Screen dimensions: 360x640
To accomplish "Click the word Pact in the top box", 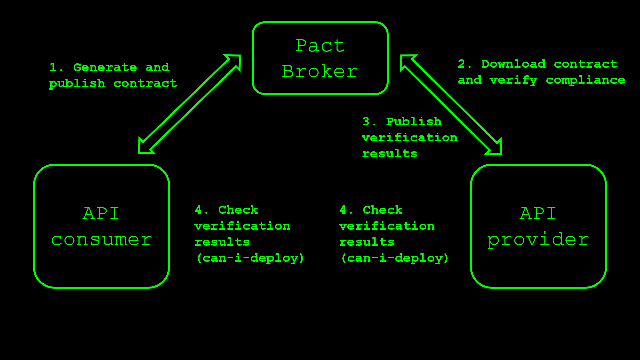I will pos(320,46).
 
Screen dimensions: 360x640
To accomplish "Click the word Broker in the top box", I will pos(320,71).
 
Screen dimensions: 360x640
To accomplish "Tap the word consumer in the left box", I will pos(102,240).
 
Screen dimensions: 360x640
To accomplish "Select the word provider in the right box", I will pos(538,240).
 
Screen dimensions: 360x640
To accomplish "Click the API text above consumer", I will pos(101,214).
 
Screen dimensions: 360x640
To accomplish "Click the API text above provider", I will pos(538,214).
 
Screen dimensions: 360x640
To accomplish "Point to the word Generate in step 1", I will pos(105,67).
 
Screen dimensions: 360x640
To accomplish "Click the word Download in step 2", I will pos(513,64).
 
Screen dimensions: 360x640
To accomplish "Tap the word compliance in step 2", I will pos(585,80).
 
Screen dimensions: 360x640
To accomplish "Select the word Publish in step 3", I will pos(414,122).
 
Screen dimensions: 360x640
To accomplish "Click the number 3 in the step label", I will pos(366,122).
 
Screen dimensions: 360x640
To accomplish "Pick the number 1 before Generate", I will pos(53,67).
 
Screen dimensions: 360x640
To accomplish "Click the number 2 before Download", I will pos(462,64).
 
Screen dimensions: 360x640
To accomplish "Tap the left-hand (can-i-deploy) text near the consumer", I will pos(250,258).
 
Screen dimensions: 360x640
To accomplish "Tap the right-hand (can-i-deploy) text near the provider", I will pos(395,258).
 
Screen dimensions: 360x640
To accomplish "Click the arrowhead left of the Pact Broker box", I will pos(235,61).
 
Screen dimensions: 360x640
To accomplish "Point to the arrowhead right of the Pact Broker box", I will pos(406,61).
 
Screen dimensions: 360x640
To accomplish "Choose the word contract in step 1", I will pos(145,83).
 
